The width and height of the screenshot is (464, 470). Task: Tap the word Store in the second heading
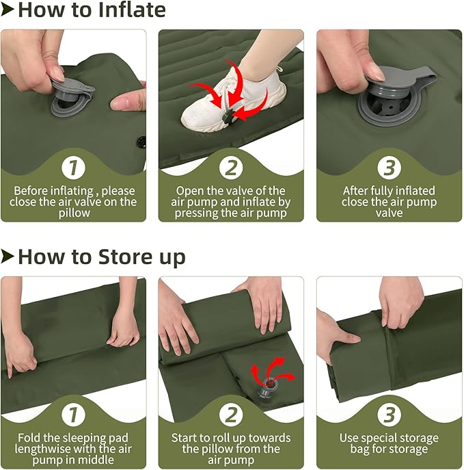point(112,257)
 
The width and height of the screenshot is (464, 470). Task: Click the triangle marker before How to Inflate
point(8,10)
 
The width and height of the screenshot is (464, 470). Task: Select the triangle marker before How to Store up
point(8,257)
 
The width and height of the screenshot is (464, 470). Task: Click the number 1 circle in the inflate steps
point(73,167)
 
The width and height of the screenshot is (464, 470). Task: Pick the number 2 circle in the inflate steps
point(231,167)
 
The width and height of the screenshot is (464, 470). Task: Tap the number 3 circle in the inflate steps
point(389,167)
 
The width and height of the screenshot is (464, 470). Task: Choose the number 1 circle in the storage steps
point(73,414)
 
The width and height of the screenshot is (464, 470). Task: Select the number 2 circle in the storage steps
point(231,414)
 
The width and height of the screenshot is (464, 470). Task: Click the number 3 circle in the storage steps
point(389,414)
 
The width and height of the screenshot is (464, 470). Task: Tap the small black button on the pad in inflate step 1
point(142,143)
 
